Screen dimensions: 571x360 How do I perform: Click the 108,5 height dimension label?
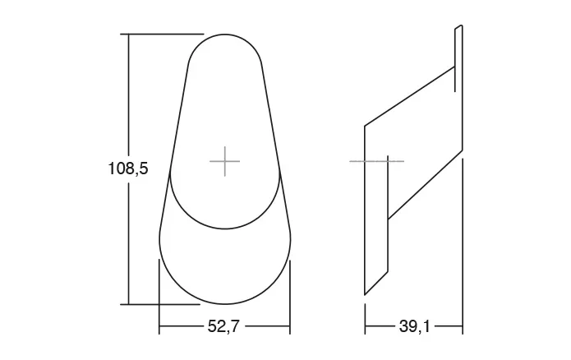point(128,168)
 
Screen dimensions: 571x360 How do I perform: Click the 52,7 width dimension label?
point(223,326)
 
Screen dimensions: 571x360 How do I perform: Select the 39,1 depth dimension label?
point(414,326)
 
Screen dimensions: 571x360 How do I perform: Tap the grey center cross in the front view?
point(224,161)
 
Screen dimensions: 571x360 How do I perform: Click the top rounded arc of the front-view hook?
point(225,35)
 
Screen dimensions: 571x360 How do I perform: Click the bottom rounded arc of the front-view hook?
point(225,304)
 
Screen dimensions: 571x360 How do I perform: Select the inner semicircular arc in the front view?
point(225,228)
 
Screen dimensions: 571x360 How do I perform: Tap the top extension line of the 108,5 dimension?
point(162,34)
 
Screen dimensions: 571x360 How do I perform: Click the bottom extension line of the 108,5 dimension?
point(160,304)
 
